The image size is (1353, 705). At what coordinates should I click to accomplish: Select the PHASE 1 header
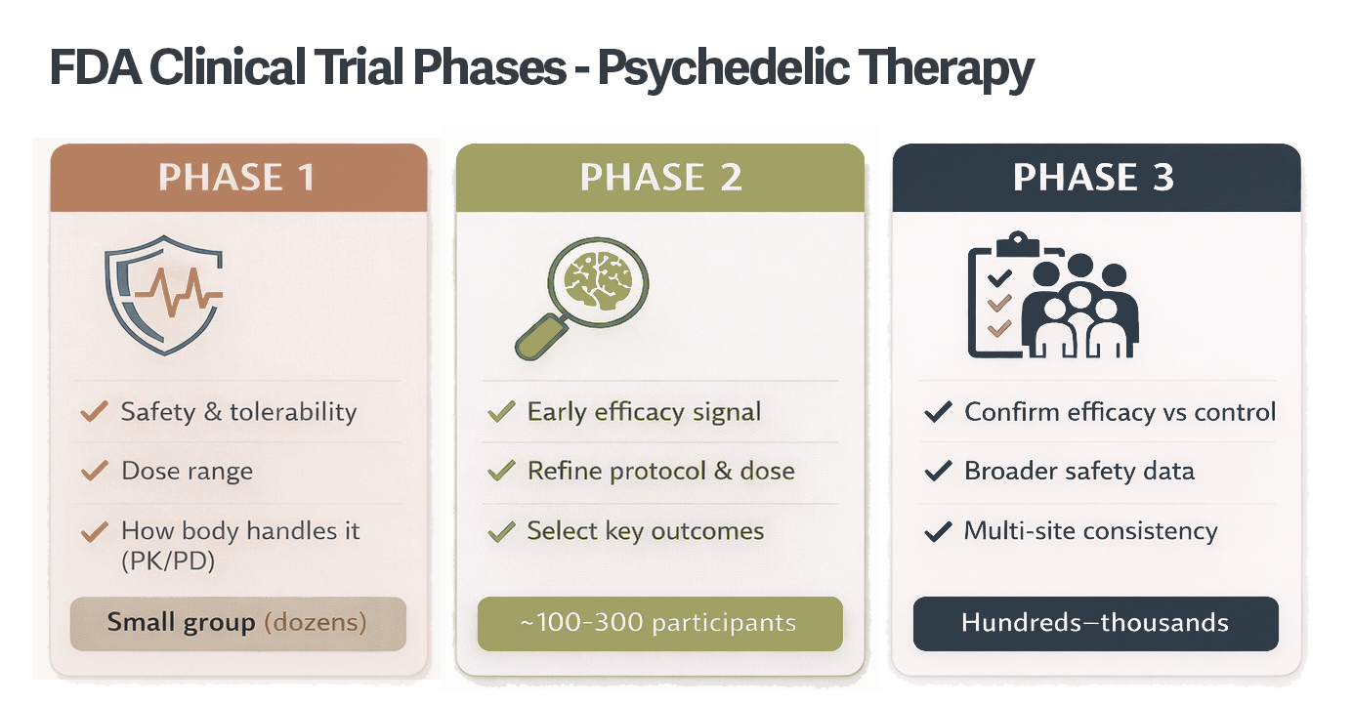237,178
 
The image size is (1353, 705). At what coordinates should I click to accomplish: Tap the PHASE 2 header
660,178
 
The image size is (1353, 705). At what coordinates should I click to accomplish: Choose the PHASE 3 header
1094,178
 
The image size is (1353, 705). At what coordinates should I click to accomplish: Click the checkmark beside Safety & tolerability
94,412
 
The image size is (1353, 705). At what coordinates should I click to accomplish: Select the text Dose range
187,471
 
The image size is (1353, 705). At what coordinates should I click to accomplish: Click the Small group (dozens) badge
237,623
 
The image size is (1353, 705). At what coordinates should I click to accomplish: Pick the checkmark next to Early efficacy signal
501,412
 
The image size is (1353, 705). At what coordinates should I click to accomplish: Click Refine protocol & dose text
660,471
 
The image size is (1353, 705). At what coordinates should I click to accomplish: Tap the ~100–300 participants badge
659,623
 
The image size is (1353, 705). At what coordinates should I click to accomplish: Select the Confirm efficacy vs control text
1120,412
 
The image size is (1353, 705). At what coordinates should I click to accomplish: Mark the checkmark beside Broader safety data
938,472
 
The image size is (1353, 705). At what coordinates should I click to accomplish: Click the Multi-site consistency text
1090,531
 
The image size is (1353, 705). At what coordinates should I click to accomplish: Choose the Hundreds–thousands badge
1095,623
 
